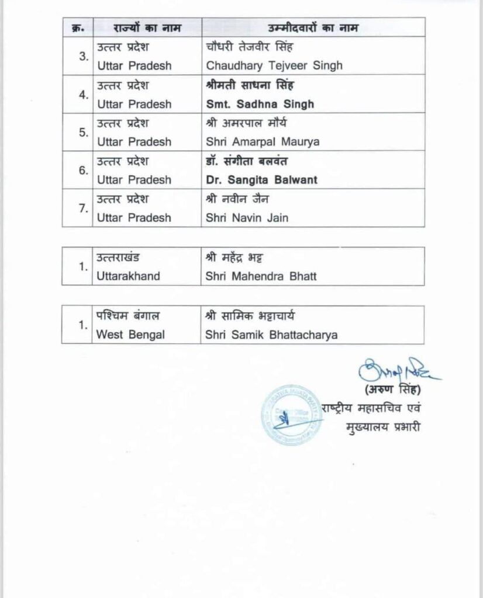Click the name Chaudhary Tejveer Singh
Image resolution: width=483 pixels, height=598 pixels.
(x=274, y=66)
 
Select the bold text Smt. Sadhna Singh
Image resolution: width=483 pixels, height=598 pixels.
(x=260, y=104)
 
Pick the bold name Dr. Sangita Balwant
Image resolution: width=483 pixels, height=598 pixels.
(x=261, y=180)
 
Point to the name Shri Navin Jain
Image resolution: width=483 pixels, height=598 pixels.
(x=247, y=218)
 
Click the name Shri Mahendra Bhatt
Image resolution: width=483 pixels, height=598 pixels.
(x=261, y=276)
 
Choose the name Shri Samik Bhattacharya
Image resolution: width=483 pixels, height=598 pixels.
(x=271, y=335)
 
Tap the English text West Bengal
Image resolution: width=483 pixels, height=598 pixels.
(x=131, y=335)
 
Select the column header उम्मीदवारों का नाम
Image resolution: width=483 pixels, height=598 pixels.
(x=312, y=27)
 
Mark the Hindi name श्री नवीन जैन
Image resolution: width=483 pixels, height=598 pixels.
(x=237, y=200)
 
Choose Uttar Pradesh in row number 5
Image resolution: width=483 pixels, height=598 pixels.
(x=134, y=142)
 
